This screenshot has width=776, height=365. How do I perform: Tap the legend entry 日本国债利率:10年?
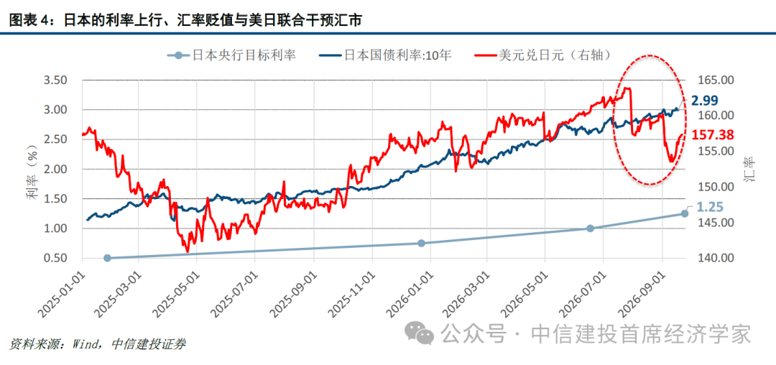pyautogui.click(x=384, y=55)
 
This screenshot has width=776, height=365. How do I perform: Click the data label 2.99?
pyautogui.click(x=705, y=101)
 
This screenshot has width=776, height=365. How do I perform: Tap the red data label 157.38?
pyautogui.click(x=713, y=135)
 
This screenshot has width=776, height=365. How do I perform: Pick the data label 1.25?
pyautogui.click(x=710, y=207)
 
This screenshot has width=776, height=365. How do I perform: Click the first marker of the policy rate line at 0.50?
pyautogui.click(x=107, y=258)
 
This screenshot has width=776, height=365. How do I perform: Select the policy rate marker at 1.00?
pyautogui.click(x=590, y=228)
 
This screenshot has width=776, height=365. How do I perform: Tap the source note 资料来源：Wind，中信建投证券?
pyautogui.click(x=97, y=344)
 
